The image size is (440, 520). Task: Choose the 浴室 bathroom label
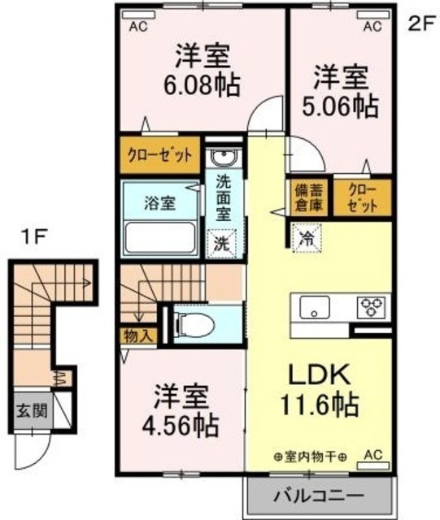tap(160, 202)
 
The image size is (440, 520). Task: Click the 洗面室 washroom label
tap(222, 198)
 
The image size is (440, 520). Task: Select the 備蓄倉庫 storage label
tap(308, 197)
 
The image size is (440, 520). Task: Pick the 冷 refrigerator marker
tap(307, 239)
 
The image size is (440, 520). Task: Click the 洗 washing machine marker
tap(221, 241)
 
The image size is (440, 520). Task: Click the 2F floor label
tap(418, 24)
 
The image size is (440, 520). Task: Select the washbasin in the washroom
tap(221, 158)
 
